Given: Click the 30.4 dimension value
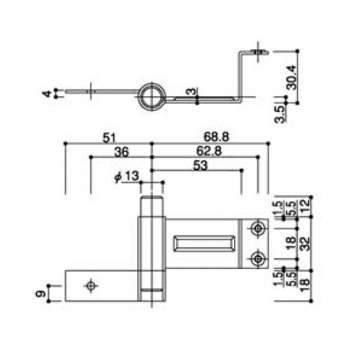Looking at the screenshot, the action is (x=292, y=77).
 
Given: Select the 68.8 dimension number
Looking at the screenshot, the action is (x=216, y=137).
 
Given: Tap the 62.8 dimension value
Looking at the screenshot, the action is (x=209, y=151).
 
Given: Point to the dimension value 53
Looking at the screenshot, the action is (x=200, y=165).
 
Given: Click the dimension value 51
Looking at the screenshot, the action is (x=109, y=138).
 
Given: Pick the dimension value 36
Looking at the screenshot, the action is (x=121, y=152).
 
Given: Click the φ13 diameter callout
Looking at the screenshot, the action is (x=127, y=177).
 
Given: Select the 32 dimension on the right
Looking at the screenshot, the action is (x=305, y=243).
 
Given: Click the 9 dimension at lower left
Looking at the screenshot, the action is (x=41, y=293).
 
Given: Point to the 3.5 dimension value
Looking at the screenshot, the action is (x=280, y=114).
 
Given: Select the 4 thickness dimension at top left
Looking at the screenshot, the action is (x=47, y=94).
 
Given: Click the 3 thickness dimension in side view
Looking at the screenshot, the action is (x=191, y=92).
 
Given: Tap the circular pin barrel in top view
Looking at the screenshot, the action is (x=152, y=97).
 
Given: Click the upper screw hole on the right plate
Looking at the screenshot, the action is (x=258, y=229).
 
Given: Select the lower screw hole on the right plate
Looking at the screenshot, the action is (x=258, y=258).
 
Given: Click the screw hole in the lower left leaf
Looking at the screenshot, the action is (x=91, y=286).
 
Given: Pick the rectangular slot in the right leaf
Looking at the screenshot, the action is (x=204, y=243).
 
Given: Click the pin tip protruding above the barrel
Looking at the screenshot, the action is (x=152, y=206).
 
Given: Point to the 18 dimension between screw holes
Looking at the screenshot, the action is (x=291, y=243).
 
